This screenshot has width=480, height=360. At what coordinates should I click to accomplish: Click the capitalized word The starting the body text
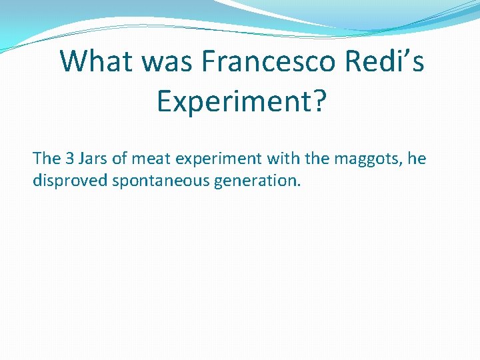pyautogui.click(x=47, y=159)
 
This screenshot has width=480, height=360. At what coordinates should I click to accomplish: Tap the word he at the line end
pyautogui.click(x=416, y=159)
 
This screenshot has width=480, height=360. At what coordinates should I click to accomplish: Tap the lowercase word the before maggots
pyautogui.click(x=317, y=159)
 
